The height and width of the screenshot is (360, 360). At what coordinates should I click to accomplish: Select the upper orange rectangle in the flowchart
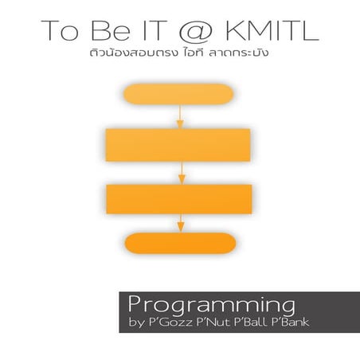click(178, 144)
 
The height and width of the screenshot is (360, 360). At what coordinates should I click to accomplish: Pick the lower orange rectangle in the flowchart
click(178, 198)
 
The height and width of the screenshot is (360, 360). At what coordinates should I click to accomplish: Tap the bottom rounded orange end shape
click(180, 244)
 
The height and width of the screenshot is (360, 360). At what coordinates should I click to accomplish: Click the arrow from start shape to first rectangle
click(180, 115)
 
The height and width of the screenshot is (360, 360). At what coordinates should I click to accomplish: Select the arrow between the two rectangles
click(182, 172)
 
